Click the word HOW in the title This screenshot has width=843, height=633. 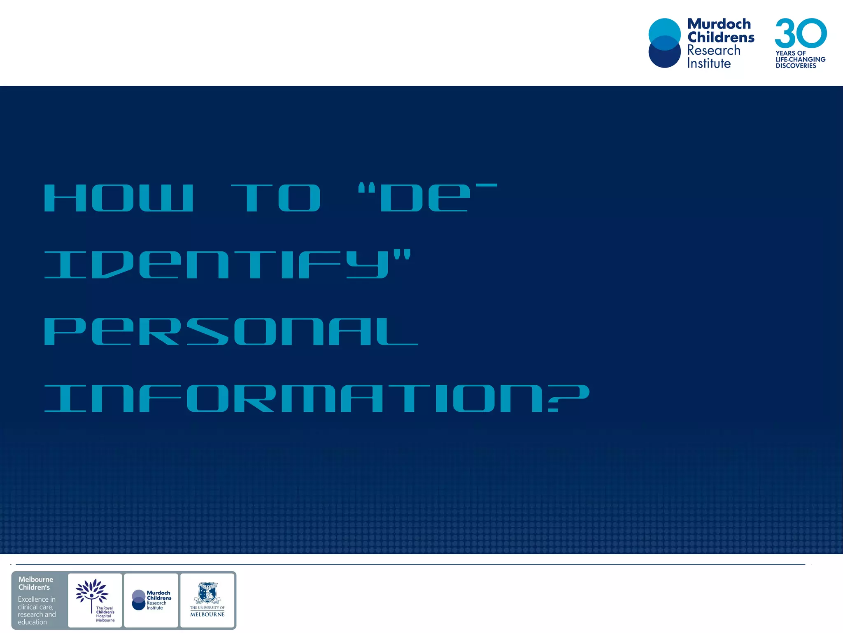[x=119, y=198]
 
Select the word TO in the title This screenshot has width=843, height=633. [x=276, y=198]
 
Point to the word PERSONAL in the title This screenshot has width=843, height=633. [x=231, y=331]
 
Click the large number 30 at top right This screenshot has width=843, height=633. [x=801, y=33]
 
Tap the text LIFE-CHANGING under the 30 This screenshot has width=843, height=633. [x=801, y=59]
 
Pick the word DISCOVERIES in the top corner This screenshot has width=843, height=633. [x=796, y=66]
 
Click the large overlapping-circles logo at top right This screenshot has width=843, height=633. [x=665, y=43]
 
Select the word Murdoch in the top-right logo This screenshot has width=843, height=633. [x=719, y=24]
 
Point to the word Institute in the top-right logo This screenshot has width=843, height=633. [x=709, y=63]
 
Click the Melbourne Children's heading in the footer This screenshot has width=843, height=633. [x=35, y=583]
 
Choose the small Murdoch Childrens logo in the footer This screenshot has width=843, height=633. [x=151, y=600]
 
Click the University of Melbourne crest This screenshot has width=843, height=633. [x=207, y=593]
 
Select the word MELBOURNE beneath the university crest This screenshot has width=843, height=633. [x=207, y=614]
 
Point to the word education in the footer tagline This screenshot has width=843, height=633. [x=32, y=622]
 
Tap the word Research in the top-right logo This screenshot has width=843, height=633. [x=714, y=50]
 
